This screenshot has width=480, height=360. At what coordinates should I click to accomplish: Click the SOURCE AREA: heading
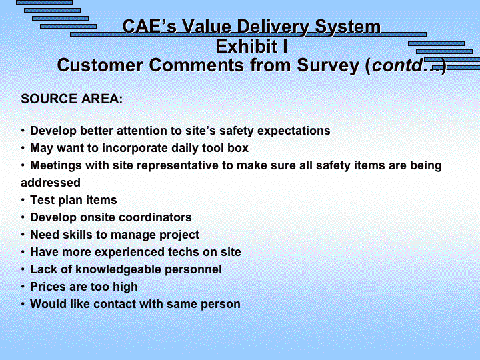point(71,99)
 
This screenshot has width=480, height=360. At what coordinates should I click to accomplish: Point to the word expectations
point(293,131)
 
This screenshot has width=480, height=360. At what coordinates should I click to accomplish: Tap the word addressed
point(51,183)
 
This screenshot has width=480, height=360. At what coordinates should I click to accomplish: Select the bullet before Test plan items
point(23,200)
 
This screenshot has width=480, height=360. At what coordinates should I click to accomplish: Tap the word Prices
point(48,287)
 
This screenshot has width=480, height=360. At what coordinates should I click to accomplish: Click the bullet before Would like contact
point(23,304)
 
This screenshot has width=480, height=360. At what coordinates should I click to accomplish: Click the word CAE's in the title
point(149,26)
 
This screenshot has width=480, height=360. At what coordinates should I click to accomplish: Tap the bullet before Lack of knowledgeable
point(23,270)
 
